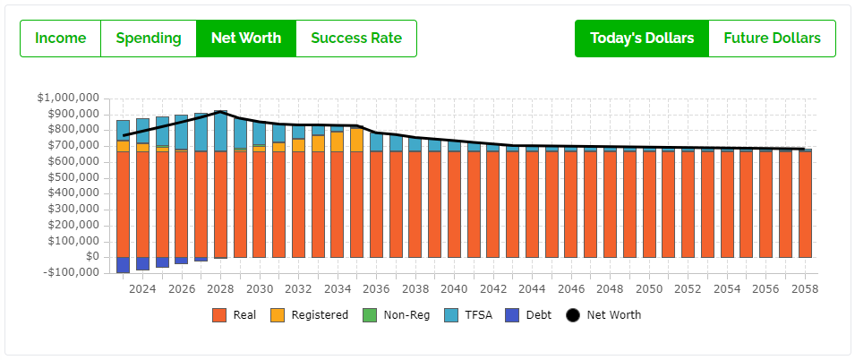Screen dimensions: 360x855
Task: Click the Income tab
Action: pos(61,39)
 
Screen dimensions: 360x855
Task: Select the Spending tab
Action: pos(149,39)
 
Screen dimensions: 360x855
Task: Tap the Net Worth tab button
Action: pos(246,39)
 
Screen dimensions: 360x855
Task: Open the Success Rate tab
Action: pos(355,39)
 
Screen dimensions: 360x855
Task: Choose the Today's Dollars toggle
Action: pos(641,39)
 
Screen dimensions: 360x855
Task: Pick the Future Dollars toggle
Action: pos(772,39)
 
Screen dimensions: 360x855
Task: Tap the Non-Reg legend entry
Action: pos(399,315)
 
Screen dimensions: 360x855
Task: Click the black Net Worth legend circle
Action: pos(573,315)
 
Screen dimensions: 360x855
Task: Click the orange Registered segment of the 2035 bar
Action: pos(356,140)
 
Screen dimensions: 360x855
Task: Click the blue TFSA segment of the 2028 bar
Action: pos(220,131)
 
